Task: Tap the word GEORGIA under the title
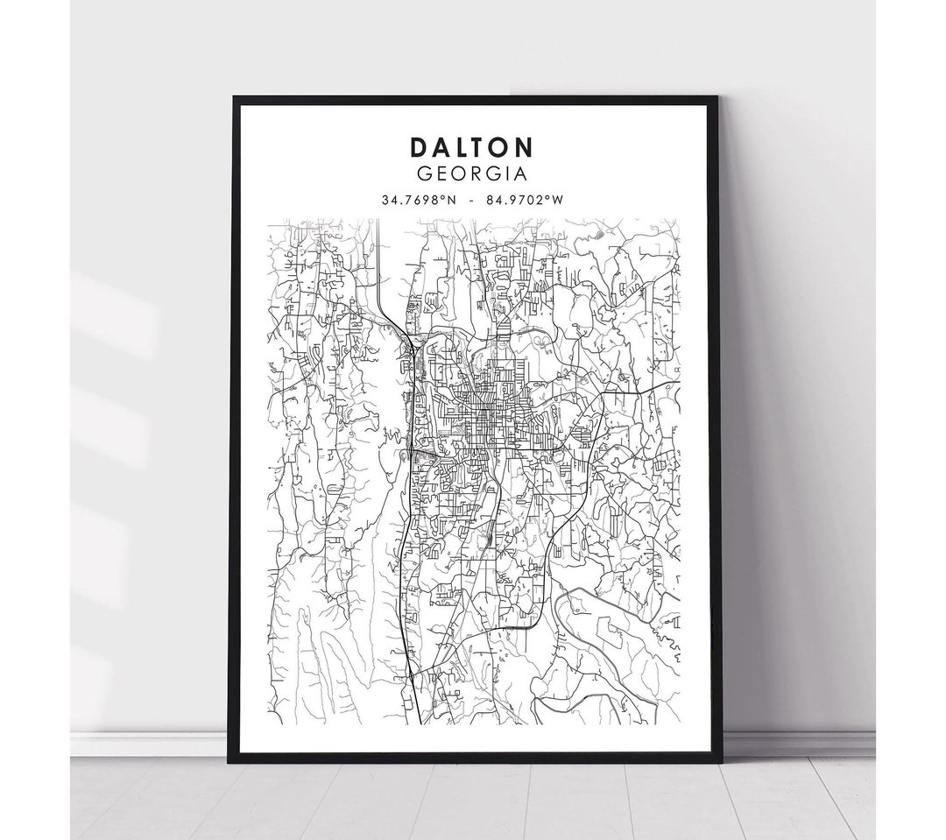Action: click(x=473, y=174)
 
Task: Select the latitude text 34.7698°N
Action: click(x=419, y=200)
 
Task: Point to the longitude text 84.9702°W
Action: click(x=527, y=200)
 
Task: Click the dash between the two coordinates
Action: click(x=473, y=200)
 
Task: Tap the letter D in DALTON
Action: click(x=418, y=146)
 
